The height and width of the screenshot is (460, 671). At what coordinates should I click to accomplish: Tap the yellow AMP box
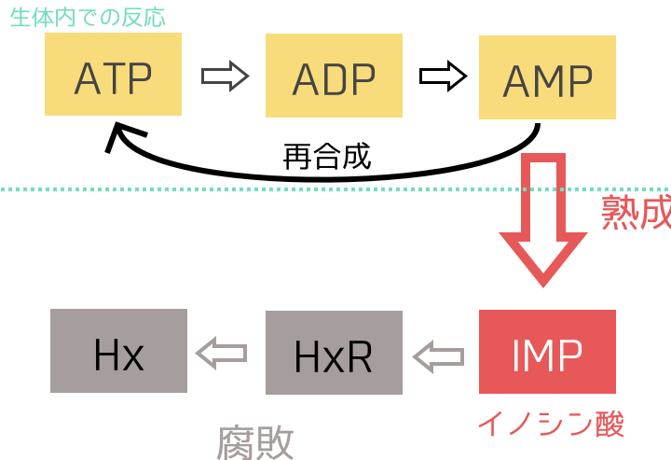[x=547, y=78]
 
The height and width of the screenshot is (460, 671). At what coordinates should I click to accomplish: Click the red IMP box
[x=547, y=351]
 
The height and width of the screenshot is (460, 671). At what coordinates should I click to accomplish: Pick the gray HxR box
[x=334, y=352]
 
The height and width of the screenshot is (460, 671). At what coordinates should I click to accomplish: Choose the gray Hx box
[x=118, y=351]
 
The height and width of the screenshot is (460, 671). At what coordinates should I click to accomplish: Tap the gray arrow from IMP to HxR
[x=439, y=354]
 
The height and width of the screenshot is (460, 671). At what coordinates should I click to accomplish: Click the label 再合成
[x=326, y=156]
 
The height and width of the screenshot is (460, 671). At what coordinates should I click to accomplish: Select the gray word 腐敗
[x=255, y=442]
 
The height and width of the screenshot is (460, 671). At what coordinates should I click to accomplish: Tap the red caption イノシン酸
[x=550, y=423]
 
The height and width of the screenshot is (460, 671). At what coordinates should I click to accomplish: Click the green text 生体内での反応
[x=88, y=17]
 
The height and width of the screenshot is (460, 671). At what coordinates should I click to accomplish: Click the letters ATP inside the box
[x=113, y=78]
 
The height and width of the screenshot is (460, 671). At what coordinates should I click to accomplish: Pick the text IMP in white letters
[x=547, y=353]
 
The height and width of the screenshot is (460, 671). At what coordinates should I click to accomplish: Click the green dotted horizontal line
[x=280, y=189]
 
